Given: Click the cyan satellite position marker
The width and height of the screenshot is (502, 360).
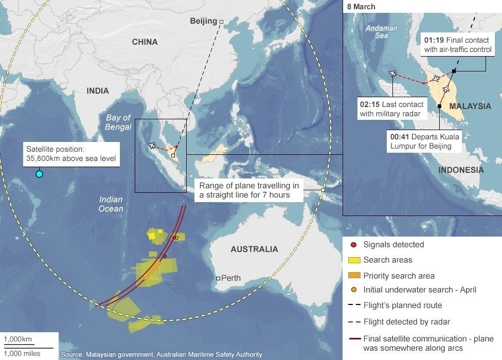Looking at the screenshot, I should click(39, 174).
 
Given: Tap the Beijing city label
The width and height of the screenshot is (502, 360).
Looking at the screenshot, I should click(204, 21).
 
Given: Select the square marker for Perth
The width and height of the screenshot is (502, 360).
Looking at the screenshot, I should click(219, 278).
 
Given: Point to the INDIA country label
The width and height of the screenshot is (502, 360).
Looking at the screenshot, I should click(98, 91).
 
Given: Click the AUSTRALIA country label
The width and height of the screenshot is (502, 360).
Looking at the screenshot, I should click(254, 249).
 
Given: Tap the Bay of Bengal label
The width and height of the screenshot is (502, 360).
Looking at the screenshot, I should click(118, 122).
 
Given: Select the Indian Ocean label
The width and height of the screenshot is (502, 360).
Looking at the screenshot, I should click(111, 204).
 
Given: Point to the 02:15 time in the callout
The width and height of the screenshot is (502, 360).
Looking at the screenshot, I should click(370, 104).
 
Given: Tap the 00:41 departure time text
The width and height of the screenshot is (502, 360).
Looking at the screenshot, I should click(401, 137).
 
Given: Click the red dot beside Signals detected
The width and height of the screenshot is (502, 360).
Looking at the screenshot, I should click(353, 245).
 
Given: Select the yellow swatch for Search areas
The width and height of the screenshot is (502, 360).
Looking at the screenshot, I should click(353, 260).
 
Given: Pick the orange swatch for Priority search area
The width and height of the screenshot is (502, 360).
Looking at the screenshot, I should click(353, 276).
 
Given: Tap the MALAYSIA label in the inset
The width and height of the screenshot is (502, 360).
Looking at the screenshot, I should click(470, 106).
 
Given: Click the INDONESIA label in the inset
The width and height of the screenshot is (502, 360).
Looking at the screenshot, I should click(461, 170).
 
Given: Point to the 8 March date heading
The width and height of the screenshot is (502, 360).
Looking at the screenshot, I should click(361, 7).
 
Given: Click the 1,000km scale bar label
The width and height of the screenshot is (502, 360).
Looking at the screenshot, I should click(18, 339).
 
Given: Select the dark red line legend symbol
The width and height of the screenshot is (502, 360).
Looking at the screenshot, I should click(353, 338).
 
